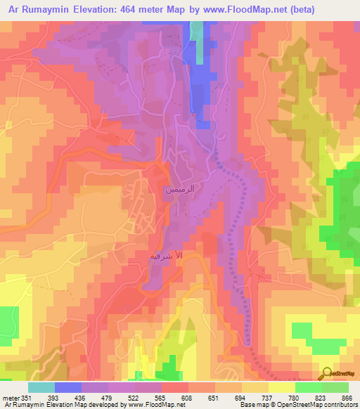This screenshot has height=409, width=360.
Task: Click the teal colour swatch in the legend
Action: (x=41, y=387)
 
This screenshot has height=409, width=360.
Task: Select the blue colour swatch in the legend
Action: (x=67, y=387)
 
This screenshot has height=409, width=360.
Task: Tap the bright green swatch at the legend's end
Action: (x=335, y=387)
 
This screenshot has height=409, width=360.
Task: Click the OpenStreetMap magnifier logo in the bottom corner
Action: (x=328, y=373)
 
